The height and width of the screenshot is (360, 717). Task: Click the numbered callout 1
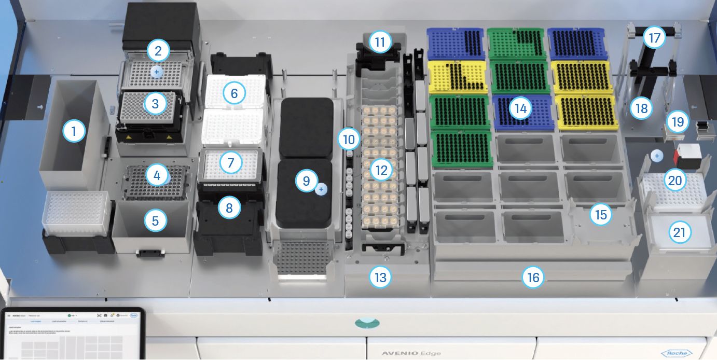74,132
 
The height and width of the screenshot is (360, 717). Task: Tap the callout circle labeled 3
155,104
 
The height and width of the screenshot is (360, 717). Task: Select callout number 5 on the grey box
155,221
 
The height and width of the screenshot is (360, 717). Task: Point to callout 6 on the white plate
234,93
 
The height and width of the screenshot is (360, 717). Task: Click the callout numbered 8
229,207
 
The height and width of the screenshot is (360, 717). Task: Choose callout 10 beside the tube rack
348,139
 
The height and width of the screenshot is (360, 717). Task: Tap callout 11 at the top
380,41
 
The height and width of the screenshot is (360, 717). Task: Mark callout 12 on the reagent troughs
382,170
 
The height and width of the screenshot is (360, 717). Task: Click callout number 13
380,278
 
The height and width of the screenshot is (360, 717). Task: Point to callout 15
601,215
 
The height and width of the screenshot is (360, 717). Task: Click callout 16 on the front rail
533,278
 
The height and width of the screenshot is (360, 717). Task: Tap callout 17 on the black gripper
654,37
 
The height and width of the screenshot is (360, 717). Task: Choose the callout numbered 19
677,122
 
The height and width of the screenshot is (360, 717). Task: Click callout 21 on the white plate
679,232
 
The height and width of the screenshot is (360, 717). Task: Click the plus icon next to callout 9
321,190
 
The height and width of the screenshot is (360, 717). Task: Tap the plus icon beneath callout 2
157,71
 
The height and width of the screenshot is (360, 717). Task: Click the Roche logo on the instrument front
677,353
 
